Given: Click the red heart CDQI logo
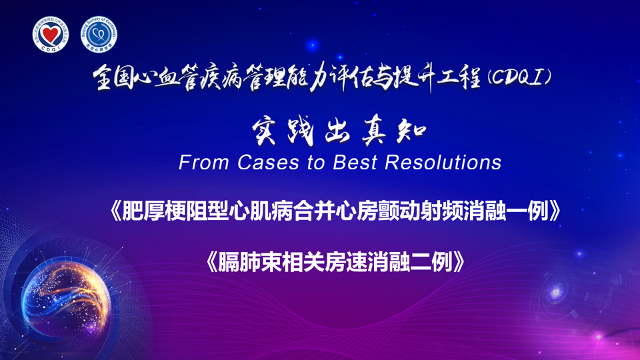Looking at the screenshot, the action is (50, 34).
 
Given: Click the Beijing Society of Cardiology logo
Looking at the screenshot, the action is (99, 34).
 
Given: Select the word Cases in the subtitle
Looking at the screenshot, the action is (268, 162).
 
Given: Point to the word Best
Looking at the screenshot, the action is (354, 162).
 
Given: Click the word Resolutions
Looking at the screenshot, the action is (443, 162).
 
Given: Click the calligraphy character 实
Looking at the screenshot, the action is (265, 132).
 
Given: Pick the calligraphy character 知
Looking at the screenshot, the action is (411, 131).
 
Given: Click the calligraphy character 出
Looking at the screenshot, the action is (337, 131).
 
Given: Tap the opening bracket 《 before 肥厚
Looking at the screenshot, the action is (115, 211).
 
